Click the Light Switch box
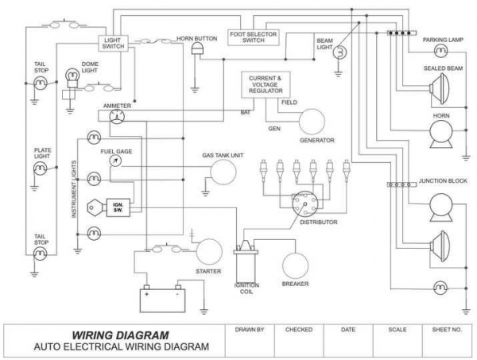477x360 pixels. click(x=113, y=43)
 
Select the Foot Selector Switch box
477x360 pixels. click(x=254, y=37)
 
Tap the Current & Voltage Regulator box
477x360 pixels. click(x=266, y=84)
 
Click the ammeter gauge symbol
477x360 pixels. click(x=117, y=117)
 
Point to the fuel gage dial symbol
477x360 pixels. click(x=115, y=161)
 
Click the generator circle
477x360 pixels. click(x=312, y=121)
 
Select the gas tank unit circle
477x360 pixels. click(x=223, y=172)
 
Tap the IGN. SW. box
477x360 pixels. click(x=118, y=207)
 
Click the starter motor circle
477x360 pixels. click(x=209, y=252)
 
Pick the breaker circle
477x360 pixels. click(x=295, y=265)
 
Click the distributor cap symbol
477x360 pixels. click(x=304, y=204)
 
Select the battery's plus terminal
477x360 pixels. click(x=146, y=288)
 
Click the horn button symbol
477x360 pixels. click(x=197, y=48)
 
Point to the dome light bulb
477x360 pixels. click(x=72, y=78)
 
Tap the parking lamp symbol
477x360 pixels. click(x=440, y=51)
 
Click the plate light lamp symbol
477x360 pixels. click(x=40, y=168)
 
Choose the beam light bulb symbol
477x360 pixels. click(x=339, y=52)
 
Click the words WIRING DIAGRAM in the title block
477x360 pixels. click(x=120, y=335)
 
